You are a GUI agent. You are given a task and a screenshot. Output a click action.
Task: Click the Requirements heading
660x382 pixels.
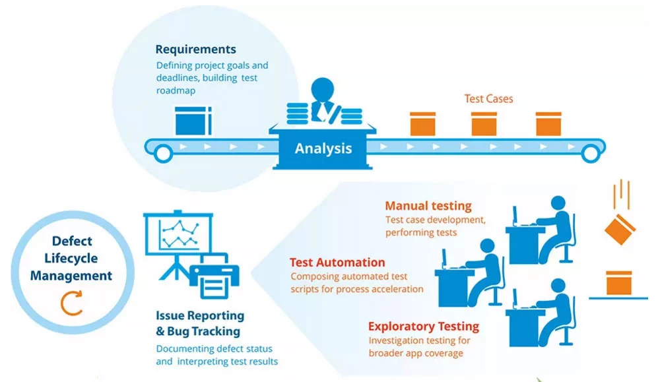[195, 49]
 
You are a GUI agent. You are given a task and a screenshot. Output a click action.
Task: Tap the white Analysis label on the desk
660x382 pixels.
[323, 148]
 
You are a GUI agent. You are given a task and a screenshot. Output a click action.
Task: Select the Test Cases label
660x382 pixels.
[488, 99]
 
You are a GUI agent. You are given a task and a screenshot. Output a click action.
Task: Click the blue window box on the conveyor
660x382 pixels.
[193, 122]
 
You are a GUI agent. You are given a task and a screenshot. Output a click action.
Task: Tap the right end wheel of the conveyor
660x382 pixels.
[589, 154]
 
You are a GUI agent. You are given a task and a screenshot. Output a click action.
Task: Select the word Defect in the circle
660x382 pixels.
[71, 241]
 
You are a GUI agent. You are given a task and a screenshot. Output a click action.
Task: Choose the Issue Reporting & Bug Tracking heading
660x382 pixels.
[200, 323]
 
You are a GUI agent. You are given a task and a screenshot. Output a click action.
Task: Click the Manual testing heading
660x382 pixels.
[428, 207]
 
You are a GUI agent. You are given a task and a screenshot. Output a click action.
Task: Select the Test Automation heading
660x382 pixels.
[337, 263]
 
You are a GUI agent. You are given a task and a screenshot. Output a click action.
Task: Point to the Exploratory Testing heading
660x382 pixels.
[423, 327]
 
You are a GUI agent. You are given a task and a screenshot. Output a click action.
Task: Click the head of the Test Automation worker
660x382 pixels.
[488, 245]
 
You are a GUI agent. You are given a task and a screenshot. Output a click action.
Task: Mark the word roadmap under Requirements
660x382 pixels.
[176, 90]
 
